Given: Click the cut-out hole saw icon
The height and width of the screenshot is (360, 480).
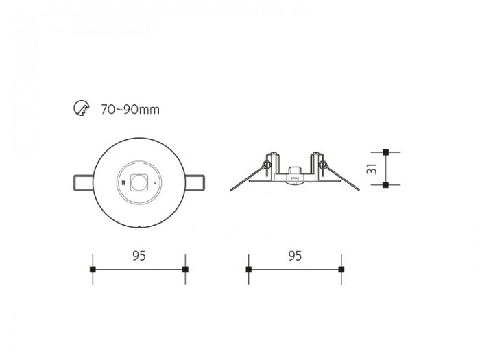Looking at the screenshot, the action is pos(82,108).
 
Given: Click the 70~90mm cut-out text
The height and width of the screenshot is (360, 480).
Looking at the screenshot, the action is pos(130,109).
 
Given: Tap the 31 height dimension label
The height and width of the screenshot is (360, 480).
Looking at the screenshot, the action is pos(372,169).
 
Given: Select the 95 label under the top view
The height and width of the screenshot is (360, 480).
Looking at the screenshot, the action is pos(139,256).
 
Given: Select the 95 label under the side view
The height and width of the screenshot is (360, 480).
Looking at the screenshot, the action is pos(295,256).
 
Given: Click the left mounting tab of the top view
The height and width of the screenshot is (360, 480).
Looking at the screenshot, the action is pos(83,183).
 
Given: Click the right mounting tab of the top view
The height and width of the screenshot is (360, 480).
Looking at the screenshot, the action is pos(195,182).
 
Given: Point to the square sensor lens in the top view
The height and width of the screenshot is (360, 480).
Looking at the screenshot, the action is pos(139,183).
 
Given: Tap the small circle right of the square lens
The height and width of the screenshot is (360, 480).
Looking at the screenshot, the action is pos(154,183).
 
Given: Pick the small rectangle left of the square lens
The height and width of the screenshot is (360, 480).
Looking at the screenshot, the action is pos(123,183).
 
